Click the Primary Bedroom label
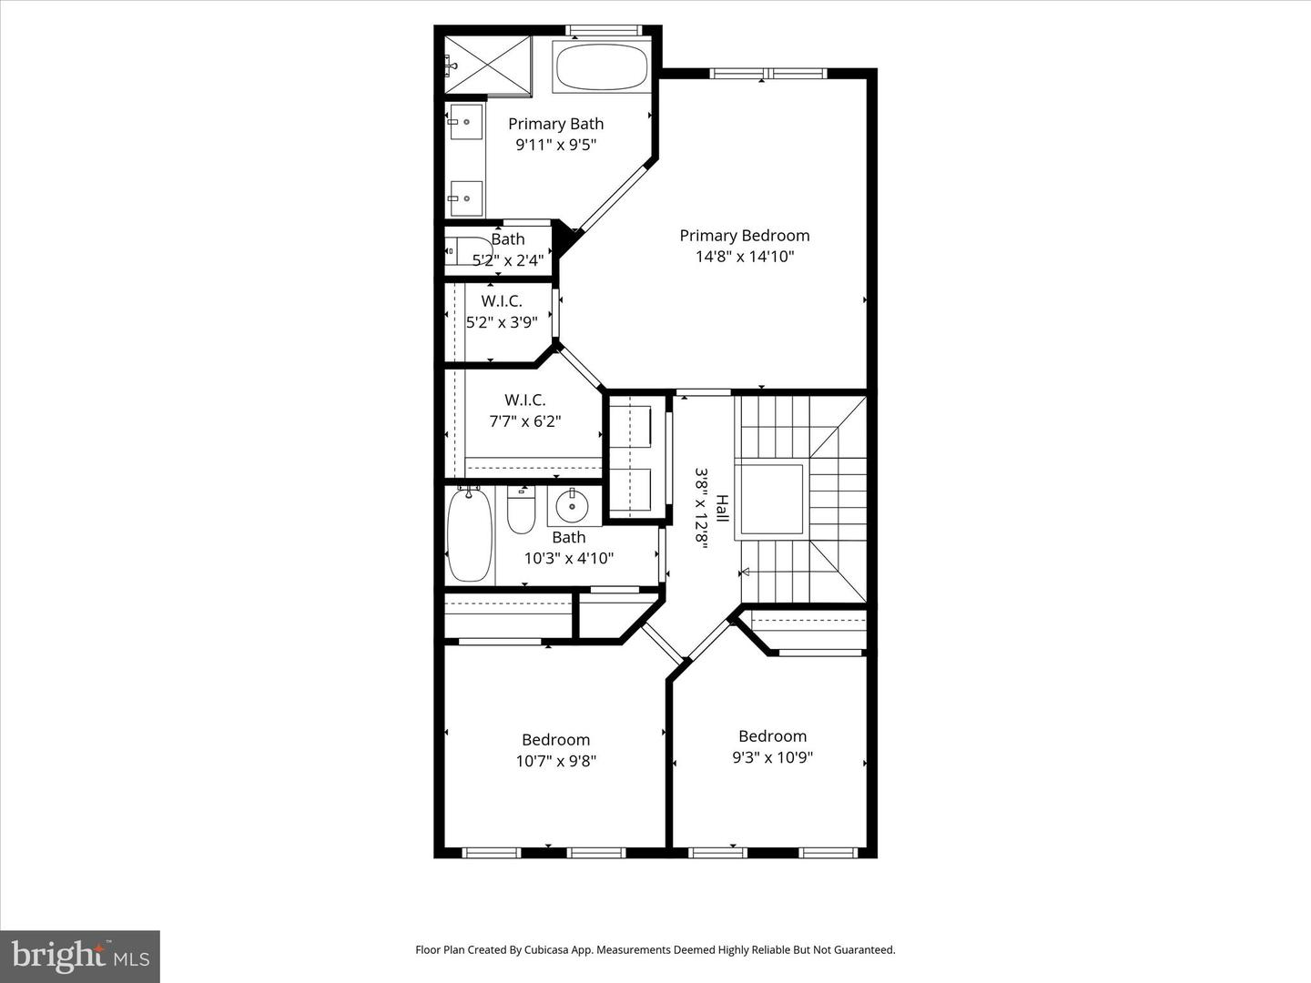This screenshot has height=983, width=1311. click(x=744, y=235)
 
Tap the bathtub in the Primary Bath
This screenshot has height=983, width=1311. click(x=601, y=66)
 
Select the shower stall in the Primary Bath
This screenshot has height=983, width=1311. click(x=487, y=65)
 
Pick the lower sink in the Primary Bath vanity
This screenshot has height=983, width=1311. click(x=465, y=198)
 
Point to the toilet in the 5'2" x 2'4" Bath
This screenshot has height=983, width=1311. click(x=466, y=251)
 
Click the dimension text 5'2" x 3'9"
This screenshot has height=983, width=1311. click(x=502, y=322)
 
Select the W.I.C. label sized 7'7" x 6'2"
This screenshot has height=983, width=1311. click(x=524, y=400)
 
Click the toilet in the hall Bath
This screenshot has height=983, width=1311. click(x=521, y=512)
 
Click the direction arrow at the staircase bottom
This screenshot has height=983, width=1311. click(x=745, y=572)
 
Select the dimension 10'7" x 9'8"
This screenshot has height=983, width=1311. click(x=555, y=761)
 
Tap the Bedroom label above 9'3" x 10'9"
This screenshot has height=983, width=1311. click(x=772, y=735)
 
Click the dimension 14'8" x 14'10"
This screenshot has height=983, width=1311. click(x=745, y=257)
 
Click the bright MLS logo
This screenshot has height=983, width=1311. click(x=80, y=956)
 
